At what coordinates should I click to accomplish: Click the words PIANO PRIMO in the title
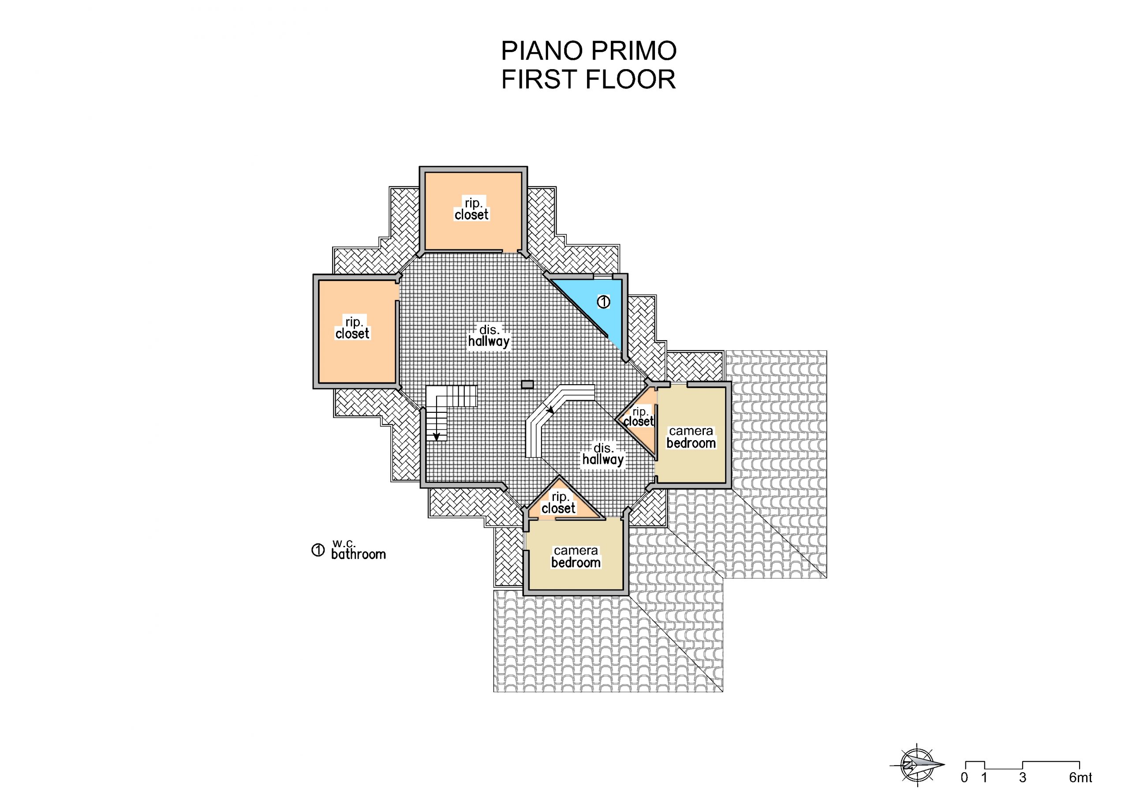pyautogui.click(x=589, y=51)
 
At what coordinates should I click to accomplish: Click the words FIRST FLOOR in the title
pyautogui.click(x=589, y=80)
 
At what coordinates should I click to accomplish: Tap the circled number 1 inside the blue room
pyautogui.click(x=603, y=302)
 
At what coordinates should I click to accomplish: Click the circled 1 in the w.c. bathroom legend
pyautogui.click(x=318, y=550)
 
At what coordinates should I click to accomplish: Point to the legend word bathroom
pyautogui.click(x=359, y=554)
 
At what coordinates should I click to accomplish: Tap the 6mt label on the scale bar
pyautogui.click(x=1080, y=777)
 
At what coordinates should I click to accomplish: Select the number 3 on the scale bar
pyautogui.click(x=1023, y=777)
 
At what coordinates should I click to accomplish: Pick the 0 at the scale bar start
pyautogui.click(x=965, y=777)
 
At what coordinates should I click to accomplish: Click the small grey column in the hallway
pyautogui.click(x=527, y=384)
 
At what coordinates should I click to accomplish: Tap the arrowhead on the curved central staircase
pyautogui.click(x=550, y=409)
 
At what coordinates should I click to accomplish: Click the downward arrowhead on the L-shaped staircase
pyautogui.click(x=436, y=437)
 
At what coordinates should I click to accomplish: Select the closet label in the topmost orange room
pyautogui.click(x=471, y=215)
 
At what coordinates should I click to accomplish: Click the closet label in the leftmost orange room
pyautogui.click(x=352, y=334)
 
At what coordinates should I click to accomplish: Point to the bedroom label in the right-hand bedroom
pyautogui.click(x=691, y=443)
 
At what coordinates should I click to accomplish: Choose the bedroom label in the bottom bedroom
pyautogui.click(x=576, y=563)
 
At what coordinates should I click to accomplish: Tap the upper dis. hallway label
pyautogui.click(x=489, y=336)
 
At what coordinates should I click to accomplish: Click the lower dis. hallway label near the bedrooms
pyautogui.click(x=603, y=455)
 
